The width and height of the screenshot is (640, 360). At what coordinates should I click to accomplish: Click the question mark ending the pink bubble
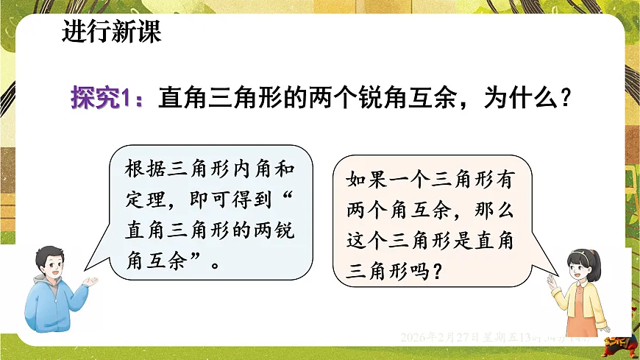[438, 273]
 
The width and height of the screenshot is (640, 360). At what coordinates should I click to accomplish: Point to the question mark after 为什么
[566, 99]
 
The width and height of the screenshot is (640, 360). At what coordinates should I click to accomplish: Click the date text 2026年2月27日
[441, 337]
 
